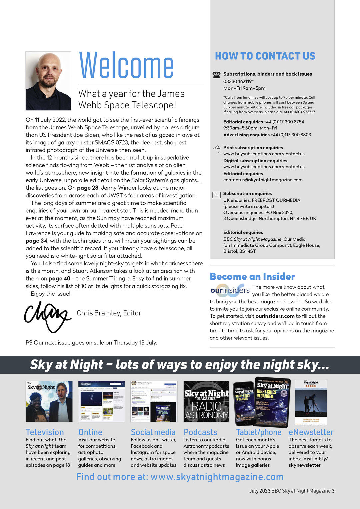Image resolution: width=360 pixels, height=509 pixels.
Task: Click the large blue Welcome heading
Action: (x=126, y=65)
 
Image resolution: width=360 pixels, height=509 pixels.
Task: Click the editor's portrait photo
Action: (x=48, y=81)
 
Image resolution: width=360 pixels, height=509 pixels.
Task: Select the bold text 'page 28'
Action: (x=88, y=188)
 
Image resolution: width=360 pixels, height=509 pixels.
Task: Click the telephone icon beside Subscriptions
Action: (x=216, y=75)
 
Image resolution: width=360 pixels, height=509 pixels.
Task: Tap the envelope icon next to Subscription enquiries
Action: (x=216, y=195)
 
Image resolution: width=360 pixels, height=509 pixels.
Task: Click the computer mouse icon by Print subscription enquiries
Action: (x=217, y=149)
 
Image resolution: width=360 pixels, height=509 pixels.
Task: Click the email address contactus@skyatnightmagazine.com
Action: (x=263, y=180)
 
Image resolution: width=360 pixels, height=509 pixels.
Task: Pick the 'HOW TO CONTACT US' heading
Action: (x=265, y=56)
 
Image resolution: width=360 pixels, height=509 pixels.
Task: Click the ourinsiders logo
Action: (x=230, y=290)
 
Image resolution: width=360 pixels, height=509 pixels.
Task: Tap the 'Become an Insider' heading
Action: (x=252, y=276)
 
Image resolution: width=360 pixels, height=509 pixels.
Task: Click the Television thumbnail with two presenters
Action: (x=49, y=402)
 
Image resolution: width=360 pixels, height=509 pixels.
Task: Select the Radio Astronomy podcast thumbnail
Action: (x=206, y=402)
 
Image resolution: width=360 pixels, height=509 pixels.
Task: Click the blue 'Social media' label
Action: (x=153, y=432)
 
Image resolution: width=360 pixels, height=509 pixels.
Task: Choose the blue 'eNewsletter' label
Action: (x=311, y=432)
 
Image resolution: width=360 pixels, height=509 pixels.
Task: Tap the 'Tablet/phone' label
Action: (x=258, y=432)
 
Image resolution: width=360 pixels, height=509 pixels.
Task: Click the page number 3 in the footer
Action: (x=333, y=491)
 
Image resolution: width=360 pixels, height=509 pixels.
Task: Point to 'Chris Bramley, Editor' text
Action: (x=109, y=313)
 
